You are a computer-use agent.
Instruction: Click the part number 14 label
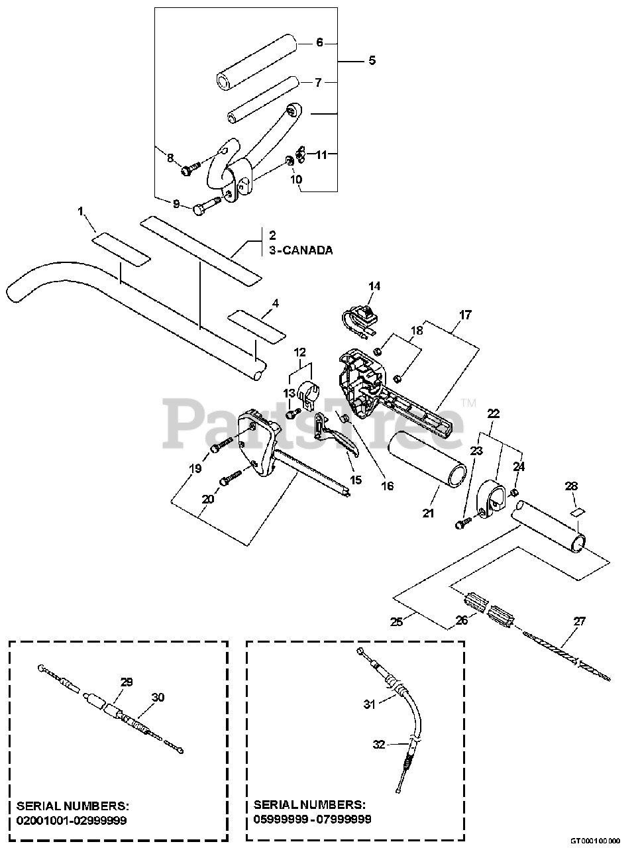click(374, 286)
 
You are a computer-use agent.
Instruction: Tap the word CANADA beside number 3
click(307, 250)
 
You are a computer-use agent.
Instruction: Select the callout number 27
click(579, 621)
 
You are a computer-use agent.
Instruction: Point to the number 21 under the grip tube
click(428, 513)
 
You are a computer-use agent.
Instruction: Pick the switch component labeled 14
click(361, 317)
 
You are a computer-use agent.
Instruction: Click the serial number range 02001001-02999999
click(72, 820)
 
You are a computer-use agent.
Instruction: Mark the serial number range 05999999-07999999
click(313, 819)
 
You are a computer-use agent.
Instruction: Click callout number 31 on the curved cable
click(369, 704)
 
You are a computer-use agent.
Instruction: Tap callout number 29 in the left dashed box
click(127, 681)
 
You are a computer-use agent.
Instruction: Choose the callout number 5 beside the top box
click(372, 60)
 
